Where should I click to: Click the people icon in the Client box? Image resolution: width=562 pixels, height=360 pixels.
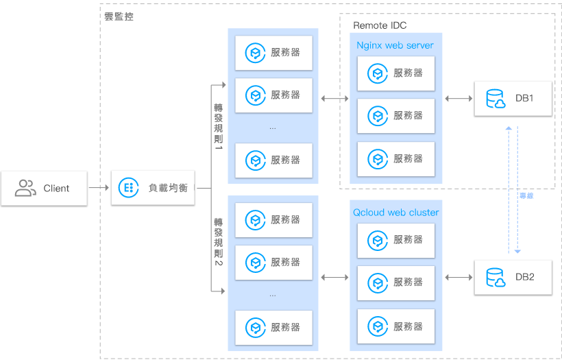25,188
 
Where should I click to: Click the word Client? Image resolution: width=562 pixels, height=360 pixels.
56,188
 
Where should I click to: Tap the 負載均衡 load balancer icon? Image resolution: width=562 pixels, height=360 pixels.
128,187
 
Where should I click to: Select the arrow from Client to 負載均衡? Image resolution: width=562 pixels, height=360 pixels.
99,187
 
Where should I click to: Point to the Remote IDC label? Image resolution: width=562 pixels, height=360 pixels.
380,25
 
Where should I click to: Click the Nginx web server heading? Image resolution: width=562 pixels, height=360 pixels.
395,45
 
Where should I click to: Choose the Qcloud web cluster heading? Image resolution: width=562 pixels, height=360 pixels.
395,213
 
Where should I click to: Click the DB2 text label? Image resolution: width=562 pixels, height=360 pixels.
524,277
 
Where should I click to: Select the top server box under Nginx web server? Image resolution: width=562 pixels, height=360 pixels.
395,73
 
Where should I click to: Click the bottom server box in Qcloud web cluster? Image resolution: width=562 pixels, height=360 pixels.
395,326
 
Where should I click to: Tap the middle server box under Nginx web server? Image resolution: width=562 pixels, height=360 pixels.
395,115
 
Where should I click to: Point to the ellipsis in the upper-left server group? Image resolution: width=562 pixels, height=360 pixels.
273,128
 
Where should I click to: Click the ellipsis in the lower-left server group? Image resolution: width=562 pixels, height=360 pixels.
273,295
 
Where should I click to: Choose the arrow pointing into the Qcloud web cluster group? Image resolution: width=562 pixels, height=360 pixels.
334,277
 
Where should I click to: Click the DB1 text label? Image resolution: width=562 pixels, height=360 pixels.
524,99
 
